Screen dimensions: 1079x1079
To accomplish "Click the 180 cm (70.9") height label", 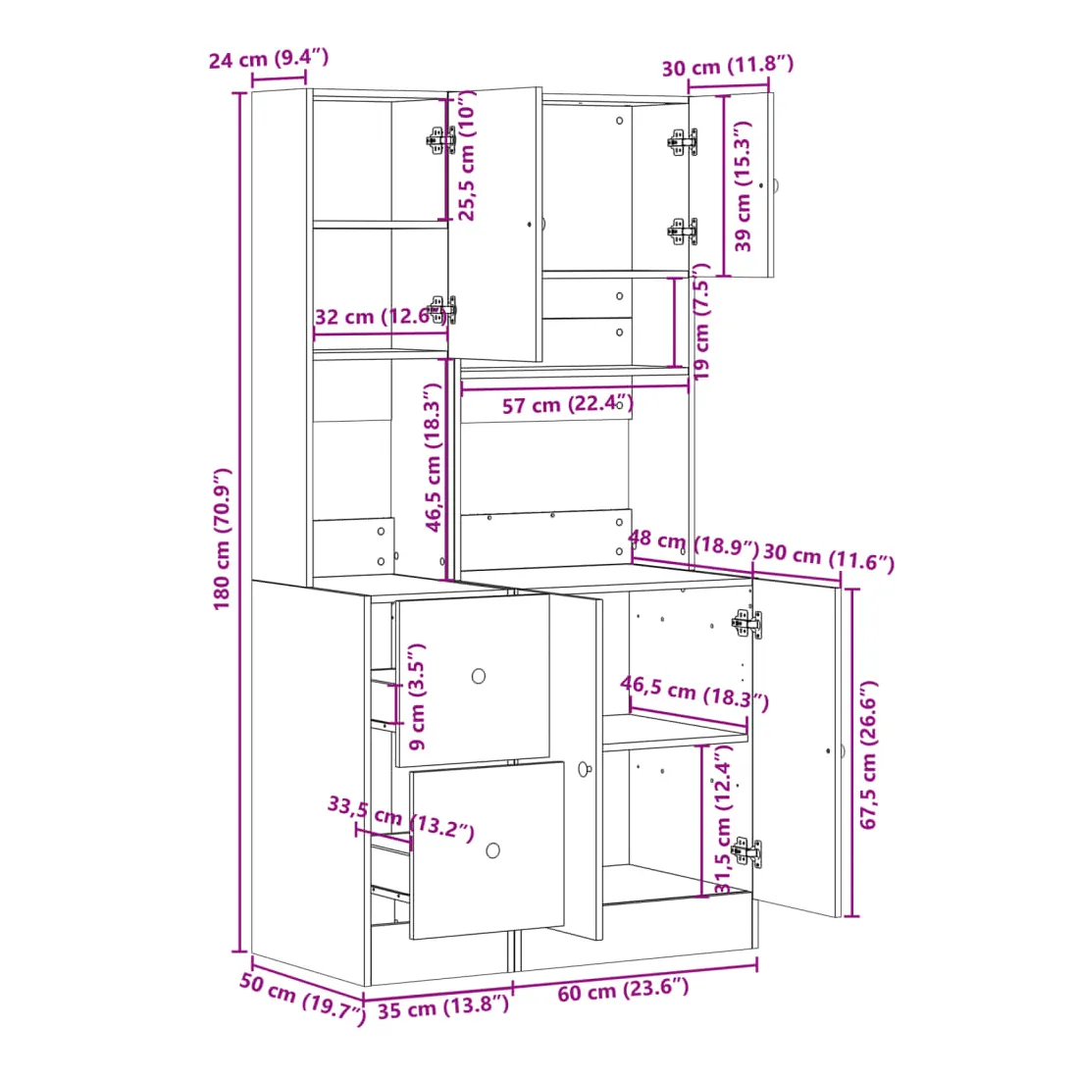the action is click(222, 539).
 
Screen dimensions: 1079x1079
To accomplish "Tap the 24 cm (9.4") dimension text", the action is click(269, 59).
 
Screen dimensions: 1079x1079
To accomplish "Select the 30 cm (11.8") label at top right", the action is click(728, 66).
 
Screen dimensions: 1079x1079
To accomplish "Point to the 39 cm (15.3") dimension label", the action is click(744, 186).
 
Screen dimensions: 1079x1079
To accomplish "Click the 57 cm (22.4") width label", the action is click(568, 404).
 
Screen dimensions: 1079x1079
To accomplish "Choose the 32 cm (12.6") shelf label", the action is click(381, 317).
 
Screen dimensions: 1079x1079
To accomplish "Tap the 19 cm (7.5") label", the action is click(701, 322).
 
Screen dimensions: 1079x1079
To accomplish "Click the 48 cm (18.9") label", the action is click(694, 543).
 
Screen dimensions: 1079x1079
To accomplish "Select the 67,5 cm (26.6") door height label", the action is click(868, 754).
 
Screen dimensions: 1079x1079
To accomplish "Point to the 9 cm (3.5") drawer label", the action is click(417, 696).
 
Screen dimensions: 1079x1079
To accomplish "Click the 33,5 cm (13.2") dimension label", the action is click(401, 818).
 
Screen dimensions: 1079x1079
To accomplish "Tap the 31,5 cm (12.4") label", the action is click(723, 819).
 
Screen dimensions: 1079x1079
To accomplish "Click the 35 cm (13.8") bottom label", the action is click(443, 1007).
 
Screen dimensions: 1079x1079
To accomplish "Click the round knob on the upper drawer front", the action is click(479, 677).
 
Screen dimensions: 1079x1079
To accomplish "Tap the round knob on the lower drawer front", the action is click(493, 850).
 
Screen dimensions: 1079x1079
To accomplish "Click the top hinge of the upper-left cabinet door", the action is click(441, 140).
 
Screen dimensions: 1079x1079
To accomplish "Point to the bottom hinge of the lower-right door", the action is click(747, 851).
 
